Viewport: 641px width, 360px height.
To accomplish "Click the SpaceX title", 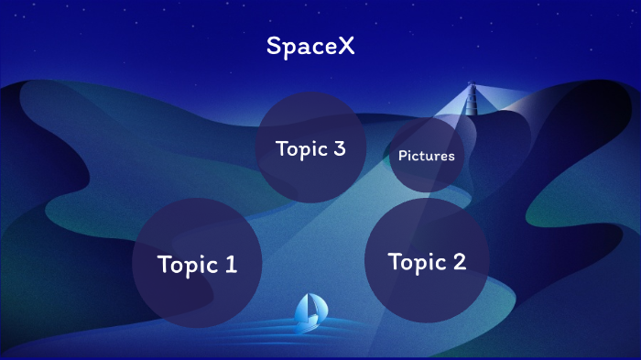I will coord(310,46).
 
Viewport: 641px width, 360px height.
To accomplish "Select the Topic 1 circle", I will coord(197,263).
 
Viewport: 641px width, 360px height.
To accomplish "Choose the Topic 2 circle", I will coord(427,261).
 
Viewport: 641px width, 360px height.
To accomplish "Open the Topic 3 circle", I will coord(310,148).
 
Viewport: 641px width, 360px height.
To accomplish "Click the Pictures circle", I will coord(426,155).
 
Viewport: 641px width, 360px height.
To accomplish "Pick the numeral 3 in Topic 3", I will coord(339,149).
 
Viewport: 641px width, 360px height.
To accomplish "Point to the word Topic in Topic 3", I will coord(299,149).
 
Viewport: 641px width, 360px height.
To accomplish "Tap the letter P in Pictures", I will coord(402,156).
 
